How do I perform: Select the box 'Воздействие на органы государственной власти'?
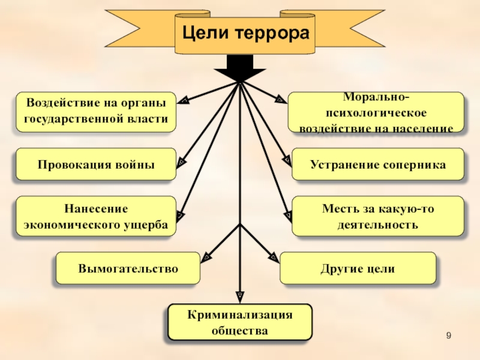[x=96, y=112]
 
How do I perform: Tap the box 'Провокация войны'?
[x=96, y=164]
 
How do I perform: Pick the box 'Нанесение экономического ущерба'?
[x=96, y=216]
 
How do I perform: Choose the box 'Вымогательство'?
[x=128, y=268]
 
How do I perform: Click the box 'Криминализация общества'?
[x=240, y=322]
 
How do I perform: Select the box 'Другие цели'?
[x=358, y=268]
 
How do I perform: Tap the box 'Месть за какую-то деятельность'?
[x=378, y=216]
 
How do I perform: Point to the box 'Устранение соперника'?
[x=378, y=164]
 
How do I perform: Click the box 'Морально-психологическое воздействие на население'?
[x=376, y=112]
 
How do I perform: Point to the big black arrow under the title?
[x=240, y=67]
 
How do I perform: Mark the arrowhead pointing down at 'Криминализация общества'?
[x=240, y=296]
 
